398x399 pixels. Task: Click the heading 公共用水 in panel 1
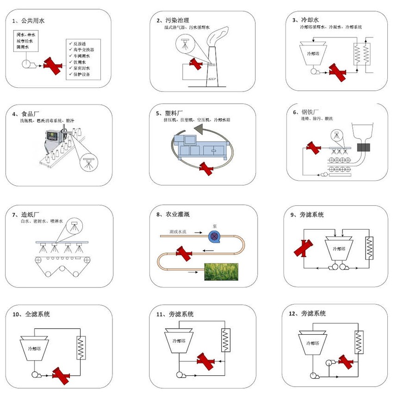click(33, 20)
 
